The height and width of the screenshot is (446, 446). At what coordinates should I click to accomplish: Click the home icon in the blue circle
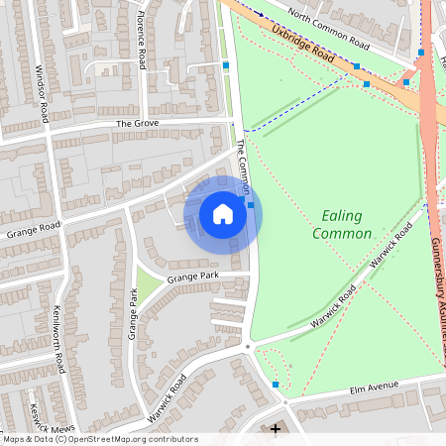(223, 214)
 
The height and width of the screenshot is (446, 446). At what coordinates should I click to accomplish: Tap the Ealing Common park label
(342, 225)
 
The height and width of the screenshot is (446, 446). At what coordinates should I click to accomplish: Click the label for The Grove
(137, 124)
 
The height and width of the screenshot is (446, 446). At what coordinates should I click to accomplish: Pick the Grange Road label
(34, 230)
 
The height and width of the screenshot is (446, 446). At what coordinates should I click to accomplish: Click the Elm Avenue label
(373, 385)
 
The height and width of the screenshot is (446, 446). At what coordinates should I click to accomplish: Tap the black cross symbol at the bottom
(277, 429)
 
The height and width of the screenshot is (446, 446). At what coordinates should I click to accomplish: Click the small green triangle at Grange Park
(150, 287)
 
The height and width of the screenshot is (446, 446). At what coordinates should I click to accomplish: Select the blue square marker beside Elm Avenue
(276, 384)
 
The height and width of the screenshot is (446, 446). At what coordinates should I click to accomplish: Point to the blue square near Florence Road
(226, 65)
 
